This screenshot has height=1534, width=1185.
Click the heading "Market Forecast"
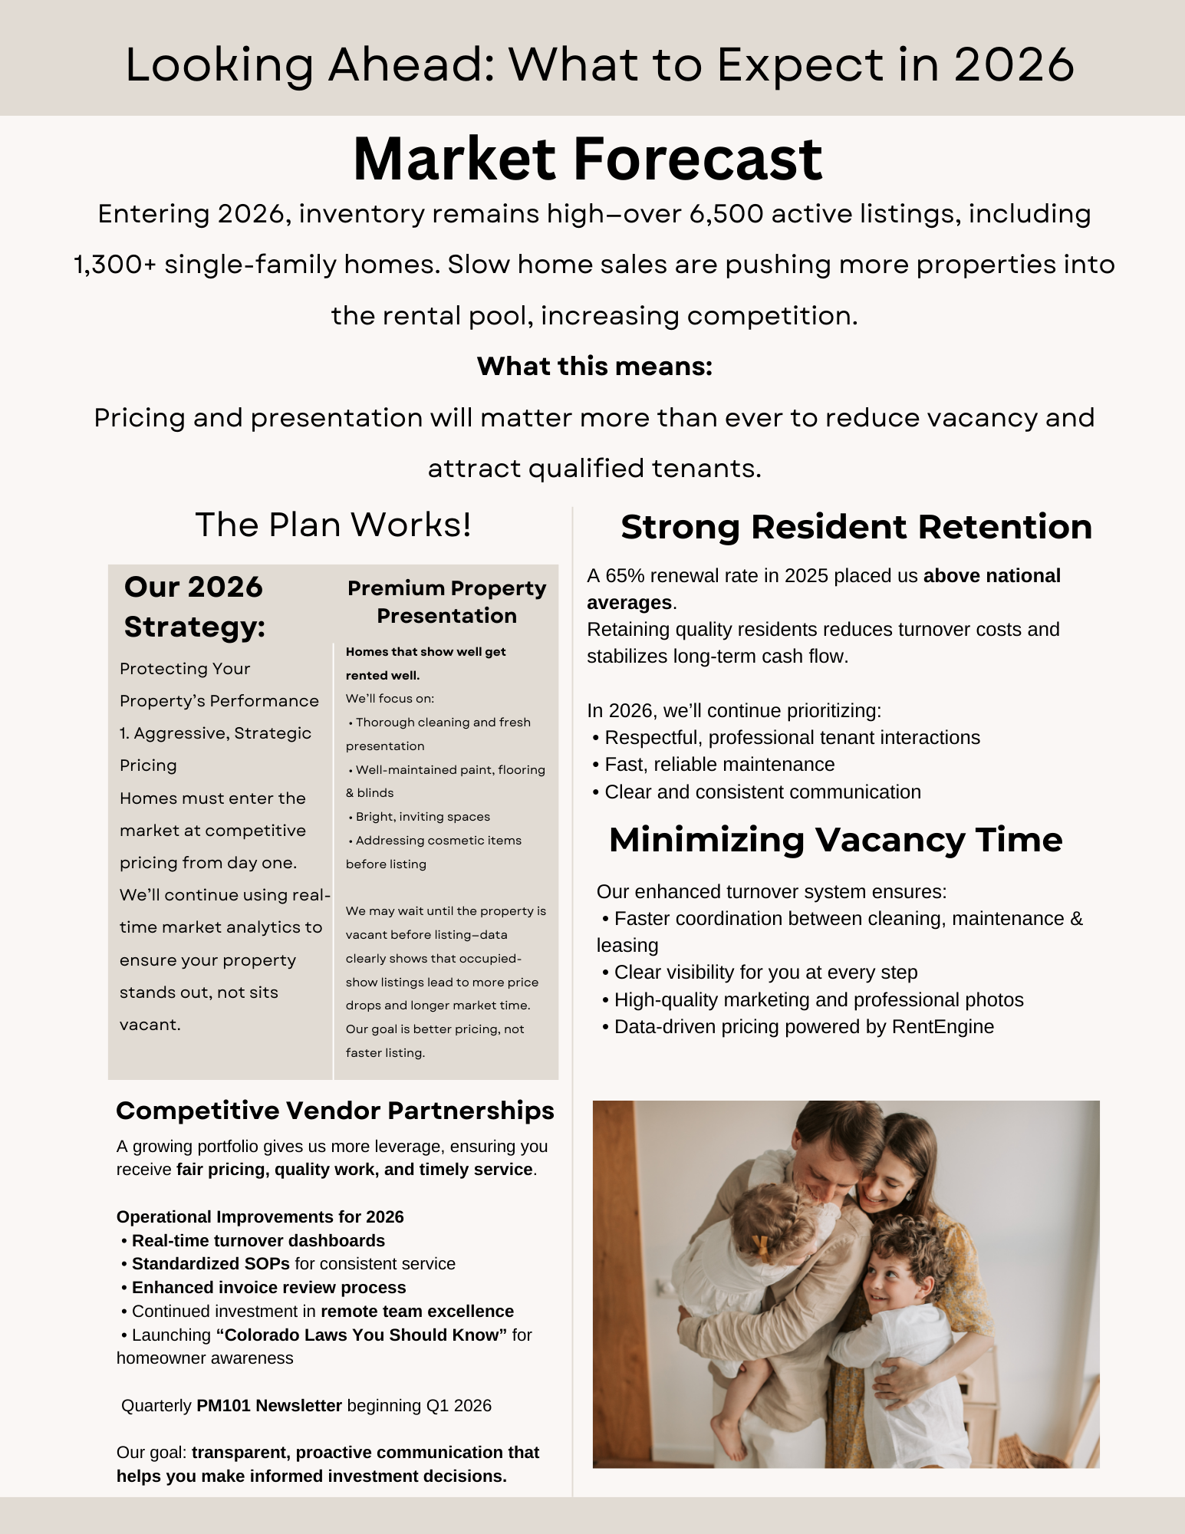tap(588, 160)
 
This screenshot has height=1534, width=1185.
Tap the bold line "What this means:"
tap(594, 367)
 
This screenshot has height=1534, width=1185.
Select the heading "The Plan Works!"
tap(333, 525)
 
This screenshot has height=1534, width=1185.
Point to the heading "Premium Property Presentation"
tap(446, 602)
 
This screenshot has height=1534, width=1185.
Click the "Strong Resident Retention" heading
tap(856, 528)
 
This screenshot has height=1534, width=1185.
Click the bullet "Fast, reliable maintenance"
tap(719, 765)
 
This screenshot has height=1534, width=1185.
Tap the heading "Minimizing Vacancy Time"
tap(835, 840)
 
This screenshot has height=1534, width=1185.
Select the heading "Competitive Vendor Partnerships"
tap(335, 1111)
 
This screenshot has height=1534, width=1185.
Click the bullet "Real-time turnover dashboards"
tap(258, 1241)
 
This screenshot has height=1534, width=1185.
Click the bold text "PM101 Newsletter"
tap(269, 1406)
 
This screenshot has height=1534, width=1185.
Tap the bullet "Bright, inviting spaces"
tap(422, 817)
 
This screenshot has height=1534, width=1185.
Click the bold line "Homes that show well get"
tap(426, 652)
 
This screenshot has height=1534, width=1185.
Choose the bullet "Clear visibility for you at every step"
tap(765, 973)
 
